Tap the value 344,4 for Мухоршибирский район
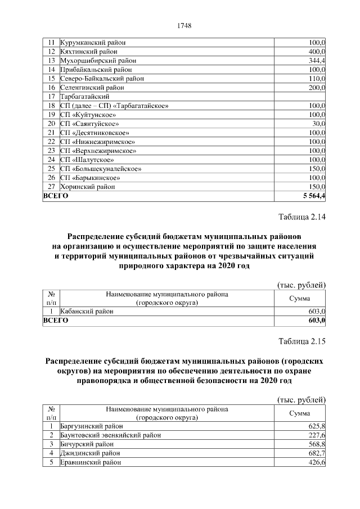[317, 61]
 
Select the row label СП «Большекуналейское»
[101, 168]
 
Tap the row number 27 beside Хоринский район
[51, 186]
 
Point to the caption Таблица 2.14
[302, 217]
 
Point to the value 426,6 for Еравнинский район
[317, 462]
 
